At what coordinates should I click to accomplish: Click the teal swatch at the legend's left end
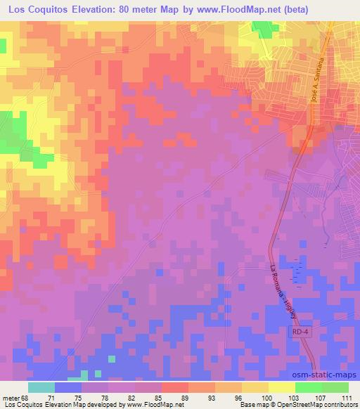pos(41,387)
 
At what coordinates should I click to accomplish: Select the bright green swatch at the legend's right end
pos(335,387)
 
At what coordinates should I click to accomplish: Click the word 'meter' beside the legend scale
pos(11,398)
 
